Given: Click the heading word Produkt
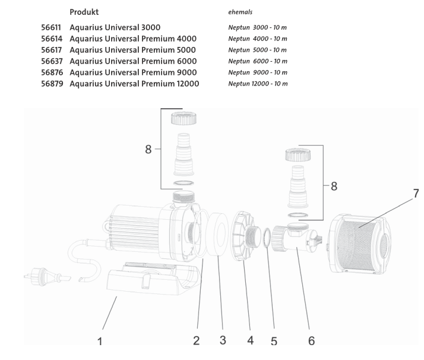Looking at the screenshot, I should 84,12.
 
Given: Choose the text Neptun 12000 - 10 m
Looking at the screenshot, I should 258,83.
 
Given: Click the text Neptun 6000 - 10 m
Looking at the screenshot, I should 258,61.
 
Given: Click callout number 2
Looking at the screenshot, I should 196,341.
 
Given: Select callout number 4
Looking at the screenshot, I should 250,341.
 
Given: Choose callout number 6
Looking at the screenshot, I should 311,341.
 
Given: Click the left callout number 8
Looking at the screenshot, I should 148,150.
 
